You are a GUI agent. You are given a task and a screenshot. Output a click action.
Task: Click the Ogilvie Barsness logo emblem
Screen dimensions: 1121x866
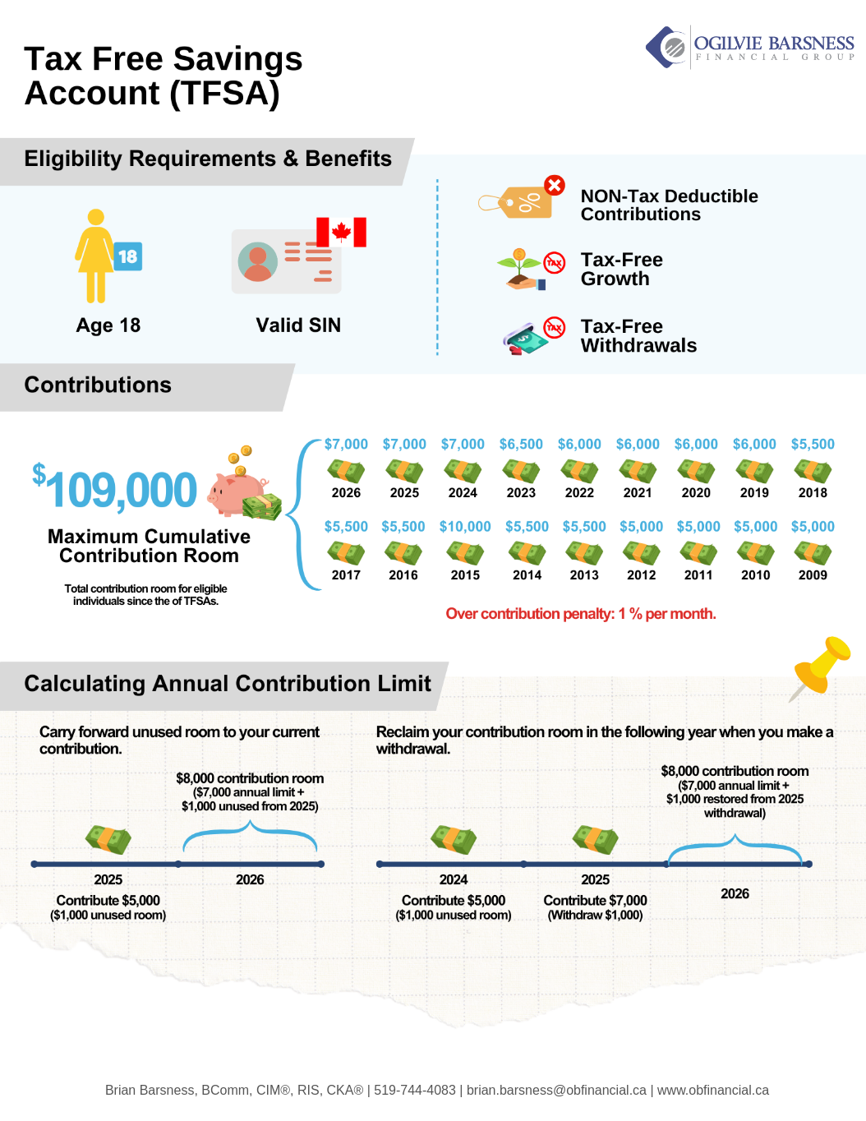tap(666, 47)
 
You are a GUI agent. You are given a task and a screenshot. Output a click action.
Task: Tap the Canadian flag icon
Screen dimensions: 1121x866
tap(341, 232)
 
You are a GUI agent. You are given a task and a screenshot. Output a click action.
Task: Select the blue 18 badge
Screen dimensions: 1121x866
tap(127, 256)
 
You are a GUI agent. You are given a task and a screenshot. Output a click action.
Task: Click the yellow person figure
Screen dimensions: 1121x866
tap(95, 256)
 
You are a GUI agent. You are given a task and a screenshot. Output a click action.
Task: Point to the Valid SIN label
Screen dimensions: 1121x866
tap(298, 325)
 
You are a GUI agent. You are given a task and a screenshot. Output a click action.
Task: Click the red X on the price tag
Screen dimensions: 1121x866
tap(555, 185)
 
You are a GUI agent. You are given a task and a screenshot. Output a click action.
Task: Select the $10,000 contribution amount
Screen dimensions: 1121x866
tap(465, 527)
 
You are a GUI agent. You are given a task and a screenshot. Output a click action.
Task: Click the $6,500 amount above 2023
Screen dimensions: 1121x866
tap(521, 445)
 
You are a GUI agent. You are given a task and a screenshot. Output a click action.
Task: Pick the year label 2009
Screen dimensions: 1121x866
tap(813, 575)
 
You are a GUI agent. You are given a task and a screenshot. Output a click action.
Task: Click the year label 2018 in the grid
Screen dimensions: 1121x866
tap(813, 493)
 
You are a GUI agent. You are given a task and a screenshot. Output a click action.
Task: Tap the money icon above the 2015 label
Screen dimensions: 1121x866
tap(465, 552)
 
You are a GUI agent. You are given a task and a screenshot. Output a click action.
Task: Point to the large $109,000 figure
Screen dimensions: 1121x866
tap(116, 490)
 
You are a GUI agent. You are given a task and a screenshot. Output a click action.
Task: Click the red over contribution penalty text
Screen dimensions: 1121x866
tap(581, 614)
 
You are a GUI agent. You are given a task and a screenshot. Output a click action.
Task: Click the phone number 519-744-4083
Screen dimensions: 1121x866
tap(415, 1091)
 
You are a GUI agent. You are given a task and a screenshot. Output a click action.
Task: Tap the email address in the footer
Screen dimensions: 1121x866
tap(556, 1091)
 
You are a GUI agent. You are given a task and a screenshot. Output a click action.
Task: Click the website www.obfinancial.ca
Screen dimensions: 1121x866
tap(713, 1091)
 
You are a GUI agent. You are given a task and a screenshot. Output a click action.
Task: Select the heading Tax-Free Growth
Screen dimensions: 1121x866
tap(622, 270)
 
